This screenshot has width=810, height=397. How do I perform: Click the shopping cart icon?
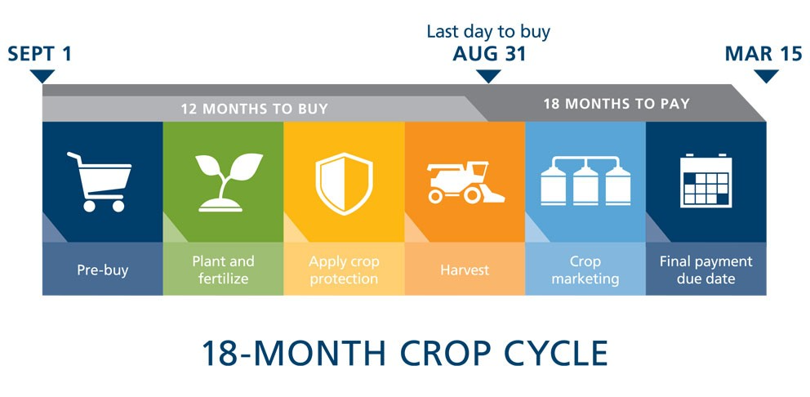pyautogui.click(x=100, y=182)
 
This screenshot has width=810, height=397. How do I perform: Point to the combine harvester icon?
pyautogui.click(x=465, y=182)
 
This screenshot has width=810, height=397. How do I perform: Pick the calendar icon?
pyautogui.click(x=706, y=181)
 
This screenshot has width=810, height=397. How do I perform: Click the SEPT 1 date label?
pyautogui.click(x=40, y=54)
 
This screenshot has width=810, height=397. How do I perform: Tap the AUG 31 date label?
pyautogui.click(x=489, y=54)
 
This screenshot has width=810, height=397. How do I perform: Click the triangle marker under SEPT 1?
pyautogui.click(x=42, y=75)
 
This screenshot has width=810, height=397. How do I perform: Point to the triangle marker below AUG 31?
pyautogui.click(x=488, y=75)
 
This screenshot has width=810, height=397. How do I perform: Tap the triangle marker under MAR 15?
pyautogui.click(x=766, y=75)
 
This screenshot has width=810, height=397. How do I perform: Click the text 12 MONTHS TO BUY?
pyautogui.click(x=254, y=109)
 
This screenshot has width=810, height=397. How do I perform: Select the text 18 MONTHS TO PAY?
pyautogui.click(x=616, y=104)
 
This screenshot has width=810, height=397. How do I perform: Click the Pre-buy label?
pyautogui.click(x=103, y=270)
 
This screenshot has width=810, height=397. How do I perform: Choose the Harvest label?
pyautogui.click(x=465, y=270)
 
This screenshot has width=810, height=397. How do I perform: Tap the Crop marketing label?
pyautogui.click(x=585, y=270)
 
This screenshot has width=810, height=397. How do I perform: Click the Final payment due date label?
pyautogui.click(x=705, y=270)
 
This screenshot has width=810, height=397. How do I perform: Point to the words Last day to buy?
pyautogui.click(x=488, y=32)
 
